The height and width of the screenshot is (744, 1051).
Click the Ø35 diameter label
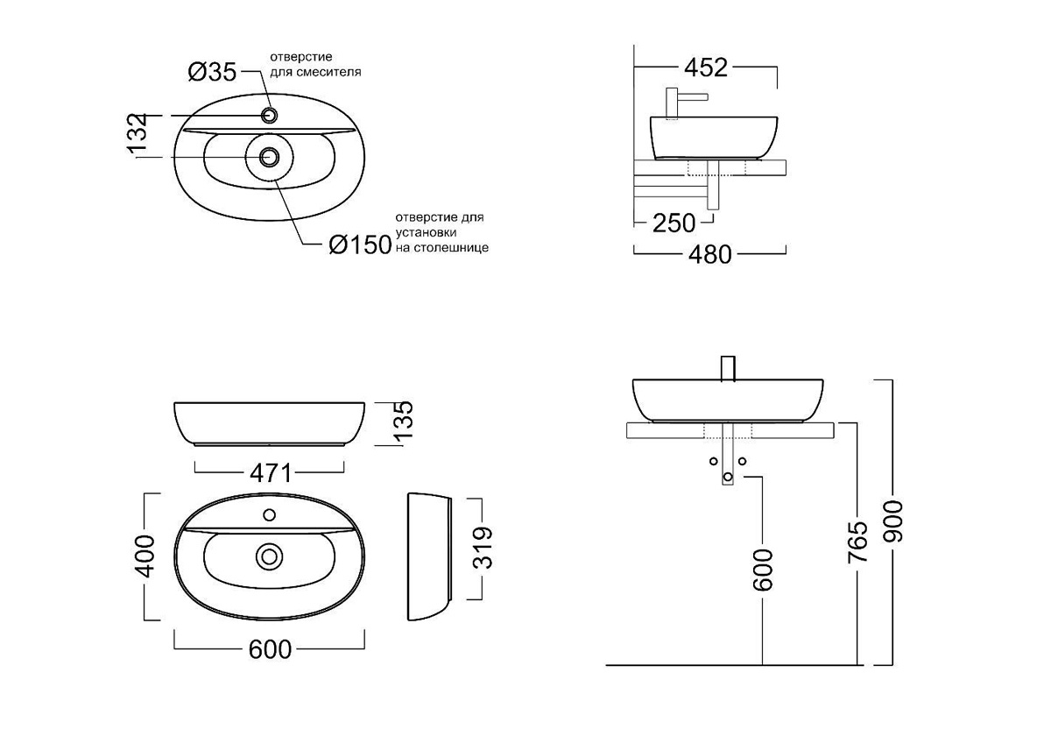[x=212, y=72]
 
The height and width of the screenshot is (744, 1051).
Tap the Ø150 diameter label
[x=360, y=244]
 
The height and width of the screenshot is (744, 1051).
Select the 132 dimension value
[x=138, y=133]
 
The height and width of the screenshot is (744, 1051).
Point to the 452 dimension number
[x=706, y=67]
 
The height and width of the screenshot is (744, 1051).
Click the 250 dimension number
[x=674, y=223]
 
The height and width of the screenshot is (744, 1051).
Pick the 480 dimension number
[x=710, y=255]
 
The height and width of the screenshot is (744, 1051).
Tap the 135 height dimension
[x=403, y=421]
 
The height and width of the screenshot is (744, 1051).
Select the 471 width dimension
[x=271, y=473]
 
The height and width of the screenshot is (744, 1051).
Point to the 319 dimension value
[x=483, y=548]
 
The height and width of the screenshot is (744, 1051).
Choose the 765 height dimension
[x=857, y=542]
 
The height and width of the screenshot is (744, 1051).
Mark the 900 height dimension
[x=892, y=521]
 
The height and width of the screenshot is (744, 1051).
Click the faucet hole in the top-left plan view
[x=270, y=116]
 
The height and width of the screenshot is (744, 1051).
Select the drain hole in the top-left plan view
[x=269, y=157]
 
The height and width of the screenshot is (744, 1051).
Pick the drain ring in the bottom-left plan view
[x=269, y=556]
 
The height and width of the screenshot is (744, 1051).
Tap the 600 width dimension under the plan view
[x=270, y=649]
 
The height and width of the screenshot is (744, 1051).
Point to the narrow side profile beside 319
[x=429, y=556]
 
